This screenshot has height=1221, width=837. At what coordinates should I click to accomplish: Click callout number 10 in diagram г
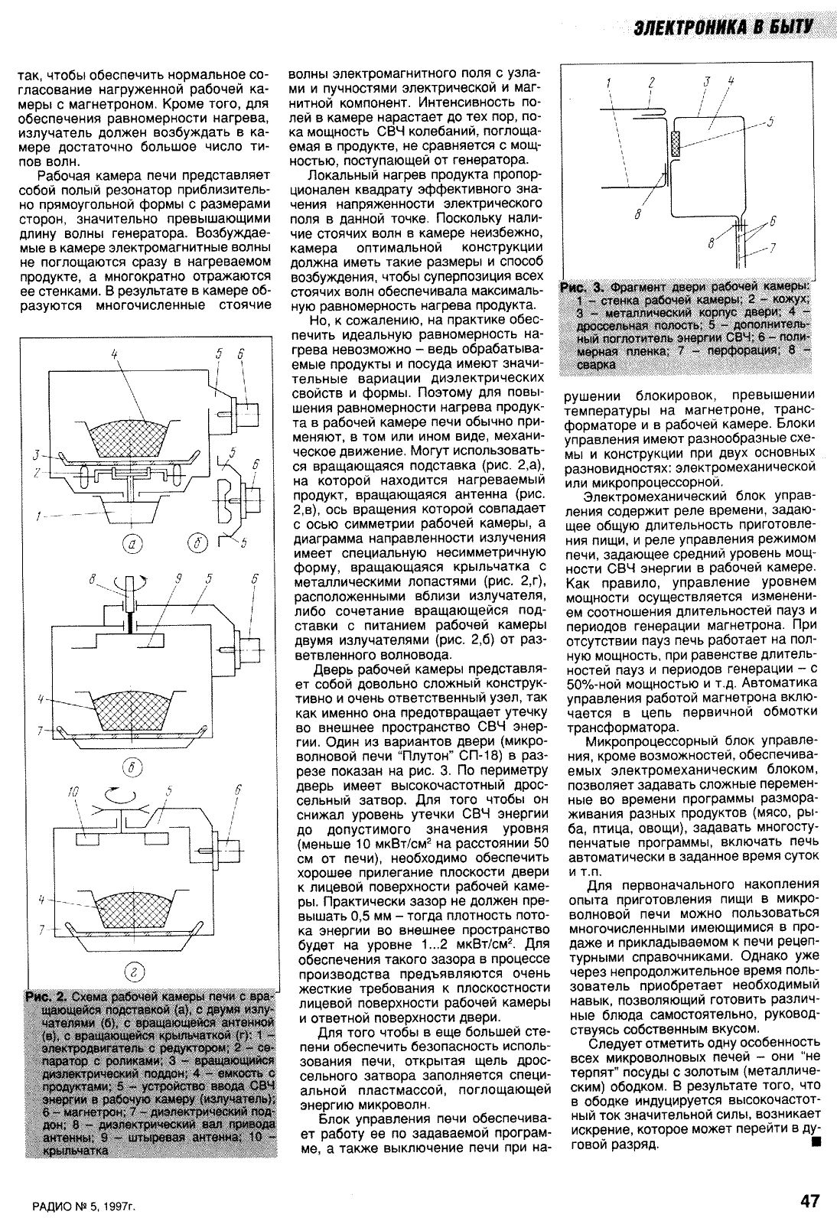73,793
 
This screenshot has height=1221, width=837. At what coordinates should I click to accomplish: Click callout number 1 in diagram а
38,516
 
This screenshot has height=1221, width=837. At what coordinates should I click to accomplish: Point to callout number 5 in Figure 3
768,121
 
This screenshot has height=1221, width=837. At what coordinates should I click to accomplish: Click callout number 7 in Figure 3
774,248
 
